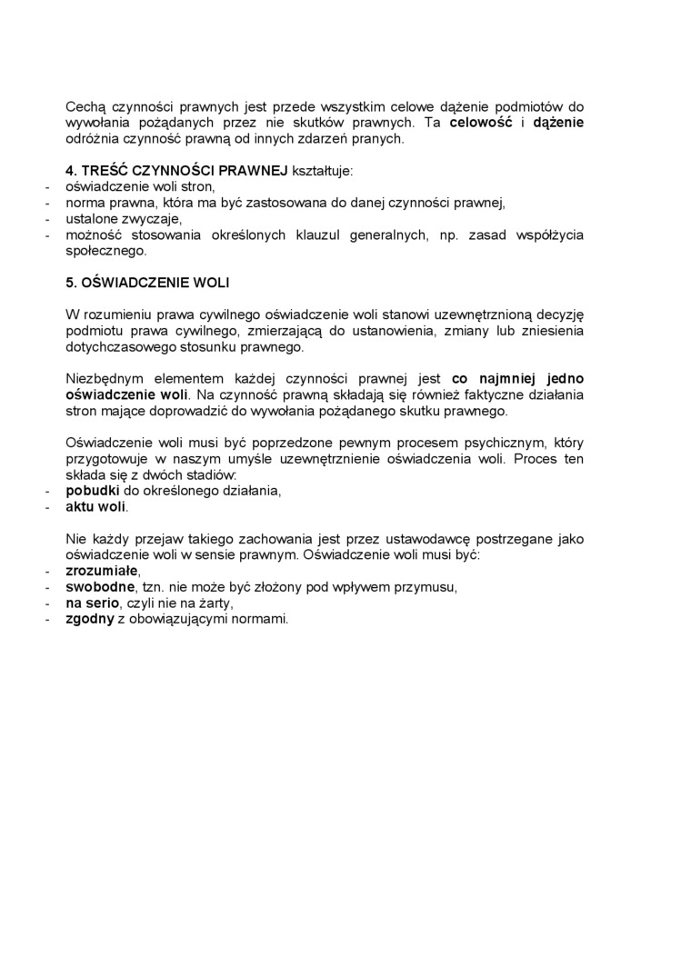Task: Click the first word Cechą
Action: coord(85,106)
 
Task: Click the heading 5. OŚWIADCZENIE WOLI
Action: coord(153,283)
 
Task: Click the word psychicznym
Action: coord(496,443)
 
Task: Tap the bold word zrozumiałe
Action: coord(101,571)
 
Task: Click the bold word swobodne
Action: coord(98,587)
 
